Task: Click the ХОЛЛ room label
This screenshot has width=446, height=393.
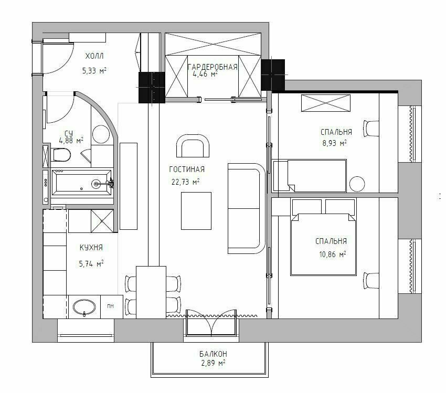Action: [94, 56]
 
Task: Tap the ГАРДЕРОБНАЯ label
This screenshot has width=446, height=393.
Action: [213, 67]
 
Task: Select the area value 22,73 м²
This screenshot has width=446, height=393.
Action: [185, 182]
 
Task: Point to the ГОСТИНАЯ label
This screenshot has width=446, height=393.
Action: [187, 169]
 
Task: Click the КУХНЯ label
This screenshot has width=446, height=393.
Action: [91, 248]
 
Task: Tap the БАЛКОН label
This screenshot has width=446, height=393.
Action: [213, 354]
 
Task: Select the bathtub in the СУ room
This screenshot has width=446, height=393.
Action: [82, 183]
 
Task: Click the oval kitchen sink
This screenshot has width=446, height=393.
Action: [84, 307]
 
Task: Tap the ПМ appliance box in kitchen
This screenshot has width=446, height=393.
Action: [111, 306]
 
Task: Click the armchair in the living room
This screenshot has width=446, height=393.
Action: [193, 145]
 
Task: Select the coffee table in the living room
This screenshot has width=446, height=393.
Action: [196, 211]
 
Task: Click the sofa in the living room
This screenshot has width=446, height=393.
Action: [246, 208]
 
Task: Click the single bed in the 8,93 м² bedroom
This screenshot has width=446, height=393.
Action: [310, 176]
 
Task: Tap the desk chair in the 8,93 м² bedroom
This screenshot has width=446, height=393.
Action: [371, 129]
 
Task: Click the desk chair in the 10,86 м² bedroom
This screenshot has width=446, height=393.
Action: [371, 281]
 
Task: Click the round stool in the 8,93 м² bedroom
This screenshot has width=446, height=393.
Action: [357, 184]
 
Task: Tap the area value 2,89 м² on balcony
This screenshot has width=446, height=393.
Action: [213, 363]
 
